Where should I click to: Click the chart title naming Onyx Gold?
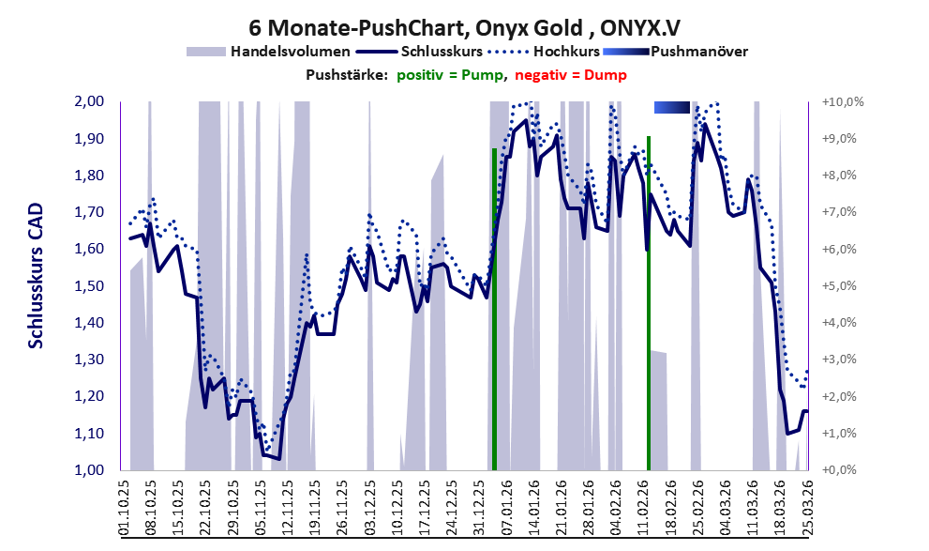click(x=464, y=27)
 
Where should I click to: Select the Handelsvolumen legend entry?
click(x=268, y=52)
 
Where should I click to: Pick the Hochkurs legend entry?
click(x=544, y=52)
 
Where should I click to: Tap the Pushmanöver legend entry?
click(x=675, y=52)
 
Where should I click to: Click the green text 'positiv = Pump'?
click(x=450, y=75)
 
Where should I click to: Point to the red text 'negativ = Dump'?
click(x=571, y=75)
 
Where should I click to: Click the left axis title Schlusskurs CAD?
click(x=36, y=276)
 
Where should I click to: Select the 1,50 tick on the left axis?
click(x=90, y=286)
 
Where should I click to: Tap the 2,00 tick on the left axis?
click(x=90, y=101)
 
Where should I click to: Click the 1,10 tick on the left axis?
click(x=90, y=434)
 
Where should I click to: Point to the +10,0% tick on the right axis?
click(x=843, y=102)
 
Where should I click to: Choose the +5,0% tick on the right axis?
click(x=840, y=286)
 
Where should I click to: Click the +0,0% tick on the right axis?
click(x=840, y=469)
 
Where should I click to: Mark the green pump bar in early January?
click(x=494, y=309)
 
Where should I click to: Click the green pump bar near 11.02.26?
click(x=649, y=303)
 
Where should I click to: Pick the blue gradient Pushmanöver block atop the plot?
click(x=672, y=107)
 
